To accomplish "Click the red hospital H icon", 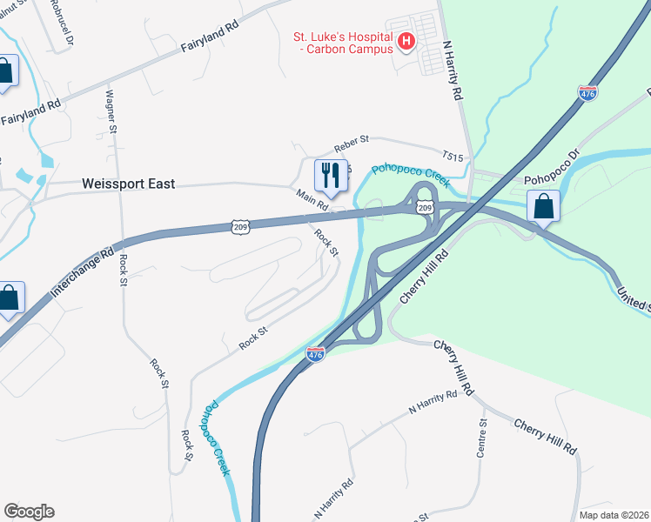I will tap(405, 40).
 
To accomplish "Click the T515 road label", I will tap(453, 156).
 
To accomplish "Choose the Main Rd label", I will tap(311, 200).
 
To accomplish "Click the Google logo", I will tap(29, 512).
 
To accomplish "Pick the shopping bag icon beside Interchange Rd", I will tap(9, 298).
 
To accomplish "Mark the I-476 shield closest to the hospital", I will tap(587, 93).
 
